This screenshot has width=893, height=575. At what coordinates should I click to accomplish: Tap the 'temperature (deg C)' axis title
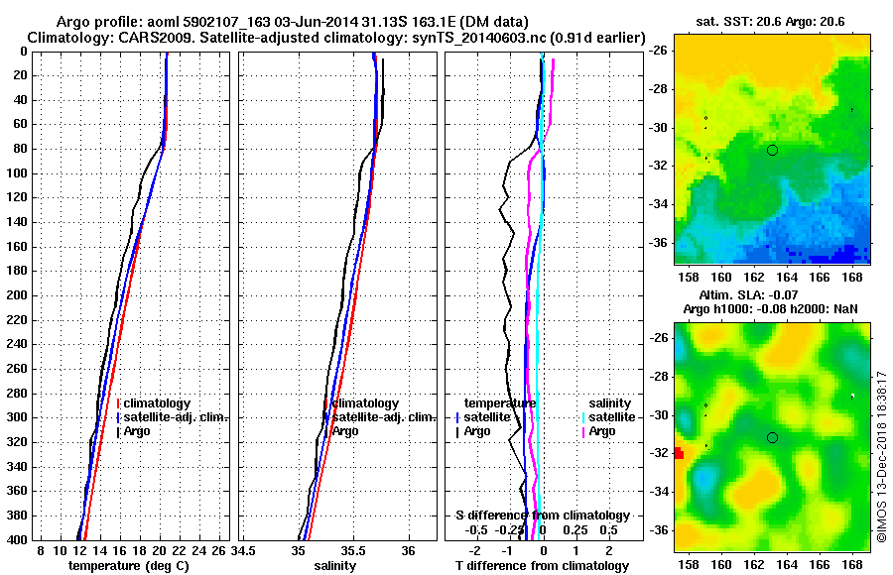(128, 565)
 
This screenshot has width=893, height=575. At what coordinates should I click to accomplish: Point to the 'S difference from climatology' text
(543, 516)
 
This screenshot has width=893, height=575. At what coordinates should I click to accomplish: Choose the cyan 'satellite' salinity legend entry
(612, 417)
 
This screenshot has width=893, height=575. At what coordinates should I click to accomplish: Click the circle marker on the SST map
(772, 150)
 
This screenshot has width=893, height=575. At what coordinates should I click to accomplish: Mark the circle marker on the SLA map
(772, 437)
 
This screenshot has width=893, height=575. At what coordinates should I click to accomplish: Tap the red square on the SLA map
(679, 453)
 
